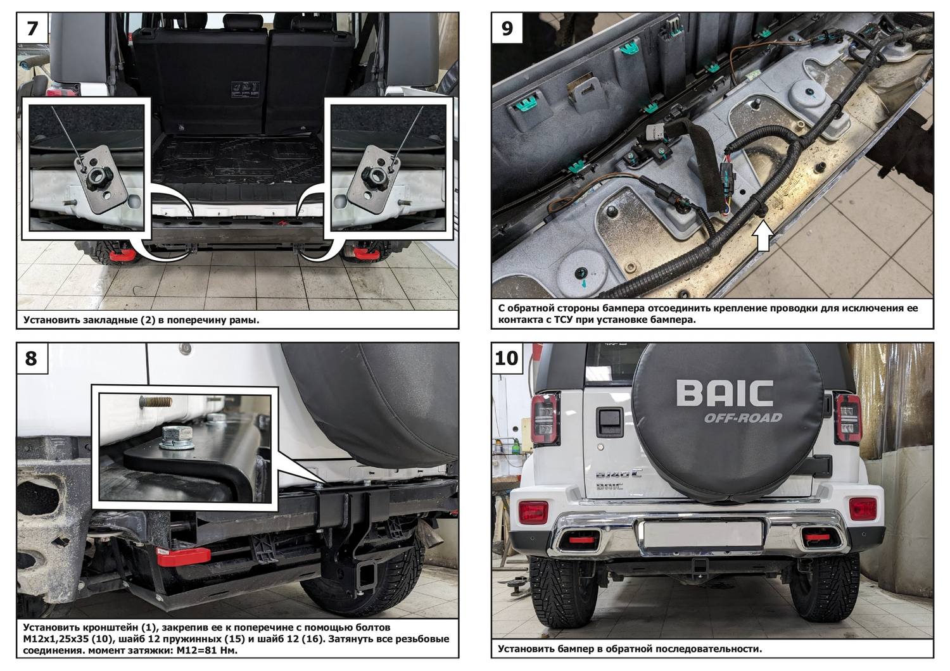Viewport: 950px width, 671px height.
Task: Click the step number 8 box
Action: tap(32, 358)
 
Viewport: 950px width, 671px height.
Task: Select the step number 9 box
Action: tap(507, 28)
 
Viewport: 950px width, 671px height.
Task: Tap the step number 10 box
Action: tap(507, 358)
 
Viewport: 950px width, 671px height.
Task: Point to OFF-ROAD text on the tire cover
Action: tap(743, 418)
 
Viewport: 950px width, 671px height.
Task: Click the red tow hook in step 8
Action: tap(183, 555)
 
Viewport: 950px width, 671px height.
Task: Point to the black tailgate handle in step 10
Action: tap(610, 422)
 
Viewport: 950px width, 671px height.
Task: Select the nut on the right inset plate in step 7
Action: tap(372, 174)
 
